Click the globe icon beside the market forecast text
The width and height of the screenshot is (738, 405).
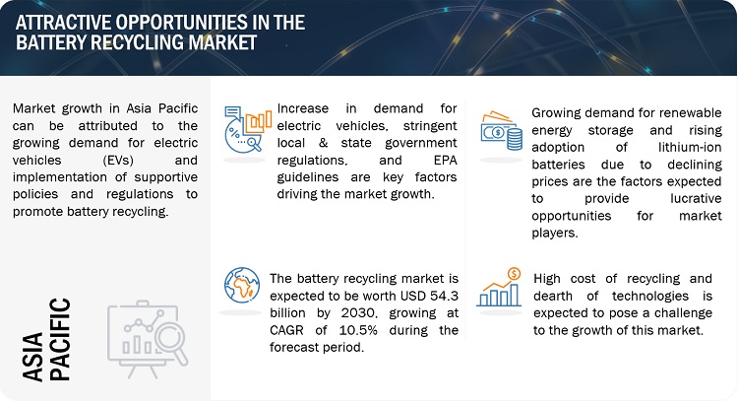point(242,285)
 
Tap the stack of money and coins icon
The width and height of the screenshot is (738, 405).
point(501,131)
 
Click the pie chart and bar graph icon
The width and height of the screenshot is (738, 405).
point(248,129)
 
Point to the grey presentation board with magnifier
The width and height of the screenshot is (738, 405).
point(148,339)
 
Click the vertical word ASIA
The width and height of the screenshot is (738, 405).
point(32,356)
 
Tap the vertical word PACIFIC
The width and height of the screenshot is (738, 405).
point(60,339)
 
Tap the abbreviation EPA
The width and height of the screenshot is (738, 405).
point(445,161)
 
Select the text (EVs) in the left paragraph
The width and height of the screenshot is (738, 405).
point(118,161)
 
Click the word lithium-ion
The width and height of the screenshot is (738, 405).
point(690,148)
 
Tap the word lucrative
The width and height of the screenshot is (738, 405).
point(696,198)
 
